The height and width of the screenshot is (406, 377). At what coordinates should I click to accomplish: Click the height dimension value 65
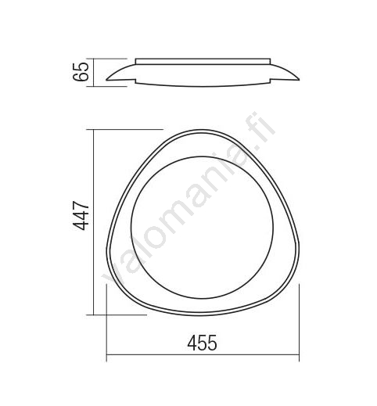tap(81, 72)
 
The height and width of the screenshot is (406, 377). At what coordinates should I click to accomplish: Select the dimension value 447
tap(81, 215)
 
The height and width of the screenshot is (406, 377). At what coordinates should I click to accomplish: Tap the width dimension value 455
tap(202, 343)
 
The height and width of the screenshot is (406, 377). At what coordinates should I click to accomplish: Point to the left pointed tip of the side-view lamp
tap(106, 80)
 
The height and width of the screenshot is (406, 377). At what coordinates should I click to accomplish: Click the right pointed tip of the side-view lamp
tap(299, 80)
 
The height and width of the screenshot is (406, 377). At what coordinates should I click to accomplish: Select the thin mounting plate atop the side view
tap(203, 61)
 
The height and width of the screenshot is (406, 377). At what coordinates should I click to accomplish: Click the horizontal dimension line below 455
tap(203, 354)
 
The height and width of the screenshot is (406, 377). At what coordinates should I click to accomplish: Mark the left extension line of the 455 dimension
tap(106, 323)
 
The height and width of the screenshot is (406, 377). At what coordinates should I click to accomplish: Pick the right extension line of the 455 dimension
tap(299, 323)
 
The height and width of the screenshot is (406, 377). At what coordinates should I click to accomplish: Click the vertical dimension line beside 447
tap(93, 222)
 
